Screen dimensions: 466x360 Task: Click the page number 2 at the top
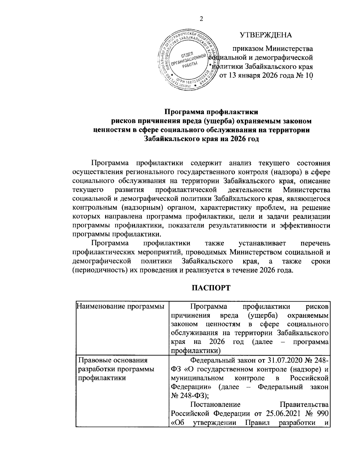pos(201,19)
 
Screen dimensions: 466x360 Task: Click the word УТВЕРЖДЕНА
pos(266,35)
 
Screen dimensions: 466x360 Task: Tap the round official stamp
pos(188,60)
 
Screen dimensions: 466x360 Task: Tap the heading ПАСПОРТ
pos(211,288)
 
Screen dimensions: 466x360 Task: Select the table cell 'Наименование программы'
pos(121,306)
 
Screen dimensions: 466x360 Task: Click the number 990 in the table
pos(323,414)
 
